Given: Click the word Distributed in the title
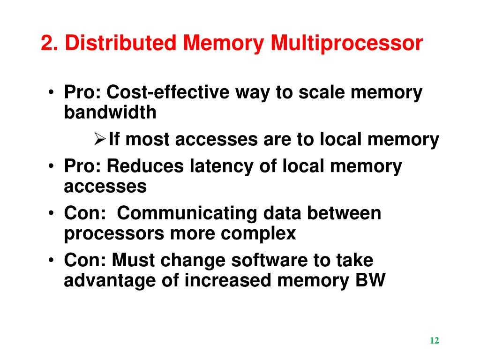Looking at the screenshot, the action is click(x=121, y=44).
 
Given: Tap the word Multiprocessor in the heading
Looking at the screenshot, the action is click(x=346, y=44).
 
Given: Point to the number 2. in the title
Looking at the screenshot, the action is click(x=49, y=44).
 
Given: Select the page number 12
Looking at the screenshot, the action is click(x=434, y=341).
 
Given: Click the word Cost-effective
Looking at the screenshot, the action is click(x=168, y=92).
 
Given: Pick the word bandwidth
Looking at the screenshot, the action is click(x=110, y=112).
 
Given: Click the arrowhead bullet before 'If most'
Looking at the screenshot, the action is click(x=99, y=139).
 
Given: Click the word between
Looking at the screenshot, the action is click(x=344, y=213).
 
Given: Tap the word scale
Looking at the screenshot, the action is click(x=322, y=92).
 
